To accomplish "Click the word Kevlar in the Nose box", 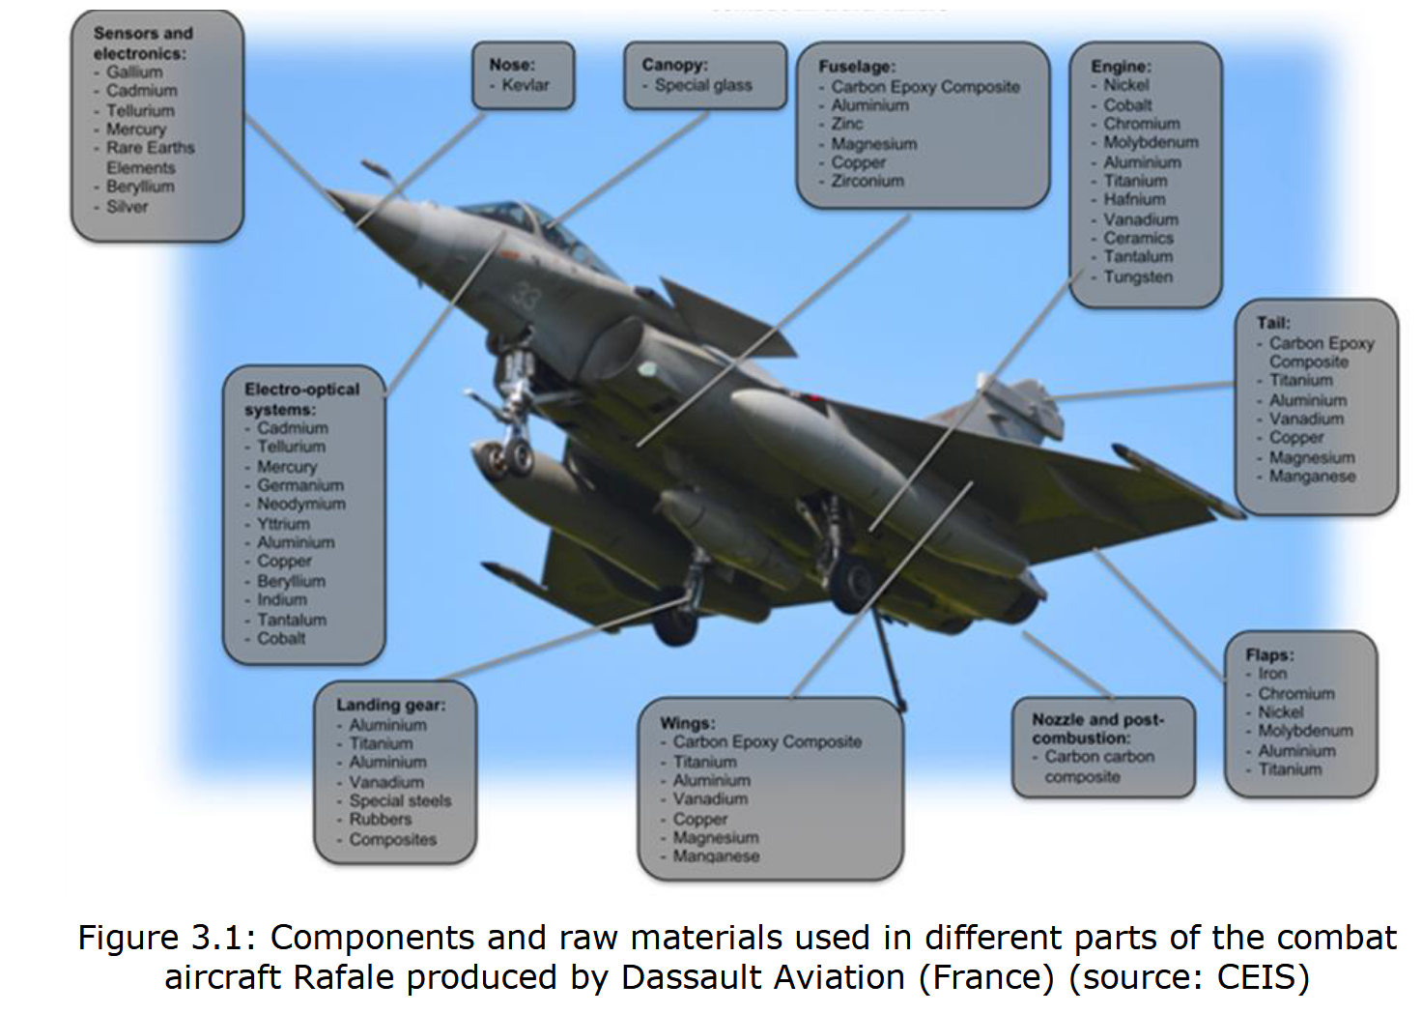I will (526, 85).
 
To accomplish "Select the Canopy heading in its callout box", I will (674, 65).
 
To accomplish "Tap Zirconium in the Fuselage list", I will (867, 181).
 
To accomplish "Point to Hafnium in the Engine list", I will (1134, 199).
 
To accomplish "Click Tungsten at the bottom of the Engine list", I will (1138, 276).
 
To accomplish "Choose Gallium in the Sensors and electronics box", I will (134, 72).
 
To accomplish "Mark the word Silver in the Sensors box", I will (128, 206).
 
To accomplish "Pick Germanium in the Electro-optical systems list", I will (300, 485).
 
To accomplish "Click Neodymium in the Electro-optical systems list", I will (301, 504).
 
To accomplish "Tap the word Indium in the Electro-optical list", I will (282, 599).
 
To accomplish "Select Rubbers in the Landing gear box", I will (381, 819).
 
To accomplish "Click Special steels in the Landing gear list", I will (400, 800).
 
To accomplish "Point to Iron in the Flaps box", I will (1272, 674).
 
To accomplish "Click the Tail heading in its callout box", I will (1273, 323).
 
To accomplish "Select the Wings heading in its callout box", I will (687, 723).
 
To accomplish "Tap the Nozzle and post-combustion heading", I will (1097, 728).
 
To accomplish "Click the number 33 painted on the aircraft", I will (525, 295).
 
